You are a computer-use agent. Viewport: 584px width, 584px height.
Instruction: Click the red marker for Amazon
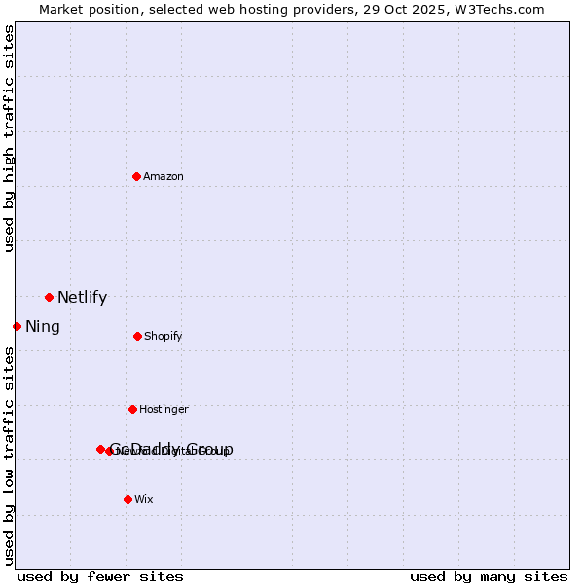click(x=137, y=176)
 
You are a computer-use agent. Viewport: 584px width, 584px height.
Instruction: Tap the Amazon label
click(x=164, y=177)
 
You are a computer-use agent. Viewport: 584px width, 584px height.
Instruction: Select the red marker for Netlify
click(x=49, y=297)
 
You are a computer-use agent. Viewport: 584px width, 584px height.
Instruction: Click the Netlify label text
click(x=82, y=298)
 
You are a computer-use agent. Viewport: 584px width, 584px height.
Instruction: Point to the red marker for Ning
click(x=17, y=326)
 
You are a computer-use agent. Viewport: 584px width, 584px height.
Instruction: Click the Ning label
click(x=43, y=327)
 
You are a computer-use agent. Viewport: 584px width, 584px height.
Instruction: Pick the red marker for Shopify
click(x=137, y=336)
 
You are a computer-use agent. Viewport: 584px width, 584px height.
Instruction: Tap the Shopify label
click(x=164, y=337)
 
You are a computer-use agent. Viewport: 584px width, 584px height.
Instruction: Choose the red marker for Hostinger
click(x=132, y=409)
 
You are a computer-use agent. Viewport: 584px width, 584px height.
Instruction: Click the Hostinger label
click(x=164, y=410)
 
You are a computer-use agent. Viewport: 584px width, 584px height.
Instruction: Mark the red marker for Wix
click(x=128, y=499)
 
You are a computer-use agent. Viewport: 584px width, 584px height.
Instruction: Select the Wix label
click(x=144, y=500)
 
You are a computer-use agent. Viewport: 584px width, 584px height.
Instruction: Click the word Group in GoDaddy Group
click(x=209, y=450)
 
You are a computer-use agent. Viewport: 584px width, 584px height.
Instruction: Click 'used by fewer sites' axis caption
click(x=100, y=577)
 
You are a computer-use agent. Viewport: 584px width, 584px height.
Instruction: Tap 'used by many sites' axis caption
click(x=489, y=577)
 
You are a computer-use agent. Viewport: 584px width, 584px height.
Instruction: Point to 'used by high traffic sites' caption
click(x=10, y=138)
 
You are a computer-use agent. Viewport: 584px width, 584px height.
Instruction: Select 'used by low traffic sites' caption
click(x=10, y=456)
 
